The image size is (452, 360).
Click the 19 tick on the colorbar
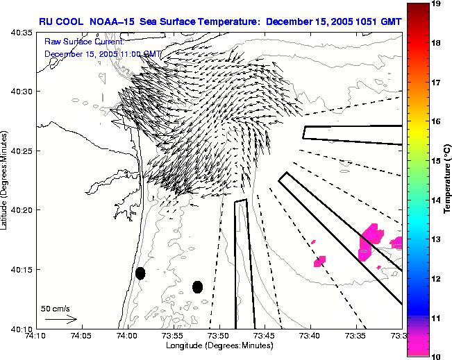pos(437,3)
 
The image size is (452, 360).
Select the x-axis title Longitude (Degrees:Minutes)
pos(218,345)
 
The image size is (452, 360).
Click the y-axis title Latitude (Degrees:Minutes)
pos(6,180)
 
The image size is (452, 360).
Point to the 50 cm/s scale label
pos(55,309)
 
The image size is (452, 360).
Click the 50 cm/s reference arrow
pos(60,319)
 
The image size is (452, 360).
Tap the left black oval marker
pos(140,273)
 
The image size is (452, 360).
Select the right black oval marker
pos(197,286)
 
